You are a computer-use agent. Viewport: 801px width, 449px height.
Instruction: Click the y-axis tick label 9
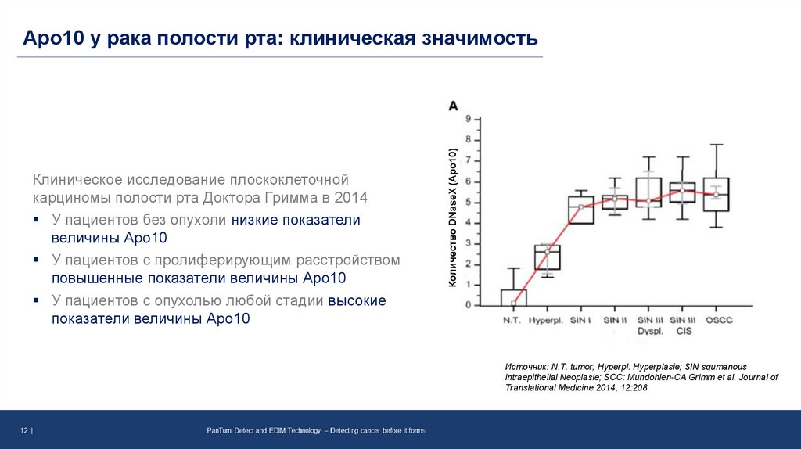tap(468, 120)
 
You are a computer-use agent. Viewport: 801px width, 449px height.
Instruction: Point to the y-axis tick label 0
tap(468, 305)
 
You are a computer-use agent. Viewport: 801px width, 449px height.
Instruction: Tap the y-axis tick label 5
tap(468, 202)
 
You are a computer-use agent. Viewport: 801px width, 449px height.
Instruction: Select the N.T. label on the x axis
tap(512, 321)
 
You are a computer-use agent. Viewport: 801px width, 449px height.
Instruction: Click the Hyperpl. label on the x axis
tap(546, 321)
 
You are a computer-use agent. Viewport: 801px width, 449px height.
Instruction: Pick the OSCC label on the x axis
tap(717, 321)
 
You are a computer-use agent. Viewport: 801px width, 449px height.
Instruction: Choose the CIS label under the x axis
tap(684, 332)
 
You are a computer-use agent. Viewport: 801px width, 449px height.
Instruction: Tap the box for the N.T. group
tap(514, 297)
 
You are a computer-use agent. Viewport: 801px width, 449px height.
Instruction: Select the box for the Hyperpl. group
tap(548, 257)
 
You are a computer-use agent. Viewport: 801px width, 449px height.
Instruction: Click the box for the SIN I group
tap(581, 210)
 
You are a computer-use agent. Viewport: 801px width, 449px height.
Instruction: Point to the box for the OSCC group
tap(717, 194)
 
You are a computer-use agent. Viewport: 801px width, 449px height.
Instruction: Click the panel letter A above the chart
tap(453, 105)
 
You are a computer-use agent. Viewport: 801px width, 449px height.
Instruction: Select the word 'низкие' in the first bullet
tap(254, 220)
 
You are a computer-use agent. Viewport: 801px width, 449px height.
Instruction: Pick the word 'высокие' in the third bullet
tap(357, 300)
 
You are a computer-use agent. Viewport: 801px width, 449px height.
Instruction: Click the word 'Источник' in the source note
tap(526, 366)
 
